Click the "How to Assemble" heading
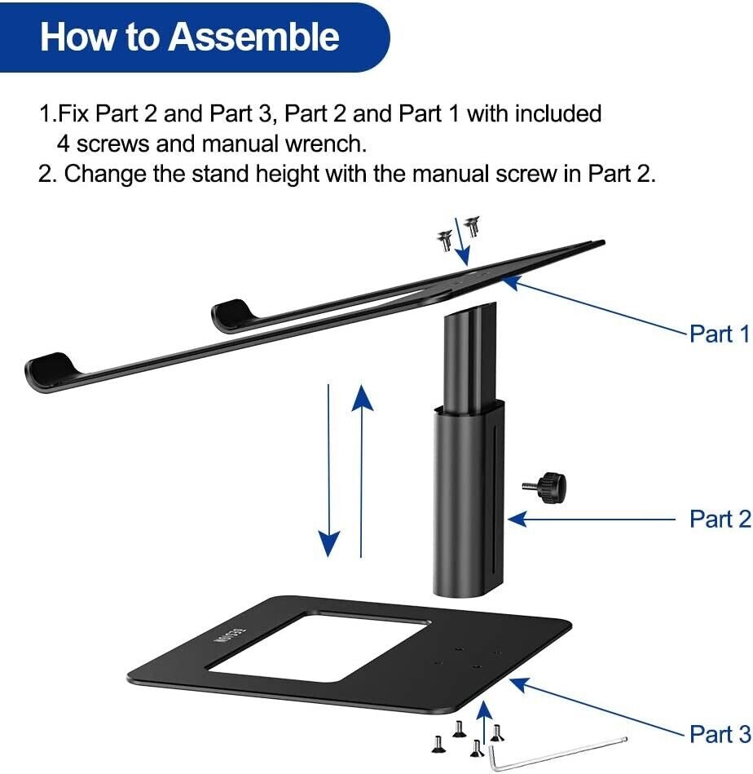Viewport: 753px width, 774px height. [x=190, y=38]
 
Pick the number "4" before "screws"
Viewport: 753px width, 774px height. [x=63, y=144]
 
